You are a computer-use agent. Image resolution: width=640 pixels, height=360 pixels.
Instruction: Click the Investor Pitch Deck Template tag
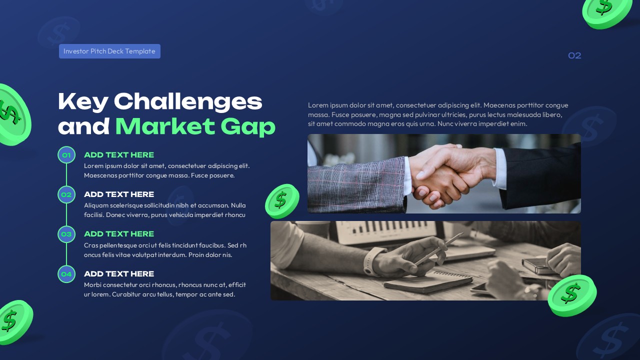(109, 51)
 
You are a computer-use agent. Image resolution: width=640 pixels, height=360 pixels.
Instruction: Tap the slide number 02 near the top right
(574, 55)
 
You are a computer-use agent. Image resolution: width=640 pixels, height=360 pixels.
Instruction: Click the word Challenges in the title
(188, 101)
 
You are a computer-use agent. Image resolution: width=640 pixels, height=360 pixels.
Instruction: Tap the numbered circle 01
(66, 155)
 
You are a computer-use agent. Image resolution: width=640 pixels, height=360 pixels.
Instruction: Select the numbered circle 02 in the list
(66, 194)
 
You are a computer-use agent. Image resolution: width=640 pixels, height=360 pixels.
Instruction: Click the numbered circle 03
(66, 234)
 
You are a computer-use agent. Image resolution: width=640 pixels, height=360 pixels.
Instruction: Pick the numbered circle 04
(66, 274)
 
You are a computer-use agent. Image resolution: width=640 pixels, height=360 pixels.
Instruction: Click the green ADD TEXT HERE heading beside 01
(119, 155)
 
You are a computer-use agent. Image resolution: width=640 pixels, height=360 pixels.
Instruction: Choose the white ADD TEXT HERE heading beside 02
(119, 194)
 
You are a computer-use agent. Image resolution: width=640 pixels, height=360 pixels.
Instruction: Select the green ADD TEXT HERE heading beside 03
(119, 234)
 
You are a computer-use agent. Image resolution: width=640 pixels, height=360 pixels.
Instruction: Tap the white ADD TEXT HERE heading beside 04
(119, 274)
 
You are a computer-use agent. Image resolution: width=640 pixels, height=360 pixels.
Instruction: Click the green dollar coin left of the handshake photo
(281, 201)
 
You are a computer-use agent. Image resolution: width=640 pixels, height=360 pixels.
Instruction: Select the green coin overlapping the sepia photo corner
(571, 295)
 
